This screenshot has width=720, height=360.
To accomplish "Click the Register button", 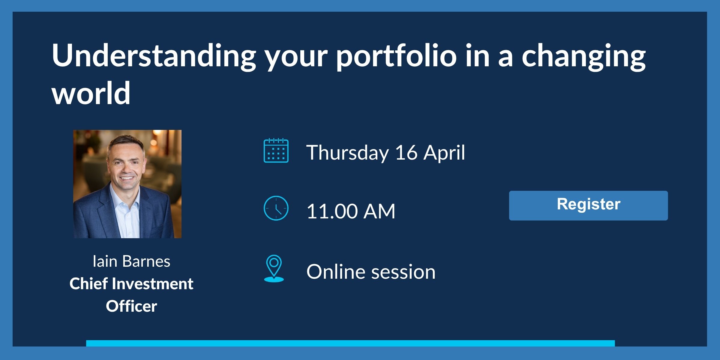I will point(588,205).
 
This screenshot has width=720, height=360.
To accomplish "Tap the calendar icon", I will point(276,151).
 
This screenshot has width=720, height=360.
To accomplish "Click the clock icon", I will point(276,208).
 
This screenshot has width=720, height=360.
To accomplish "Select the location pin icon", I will point(274,268).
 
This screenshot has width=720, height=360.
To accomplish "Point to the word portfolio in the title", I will point(396,56).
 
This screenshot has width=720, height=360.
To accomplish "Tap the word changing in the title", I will point(583,56).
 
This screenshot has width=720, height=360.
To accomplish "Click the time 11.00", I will point(332,211).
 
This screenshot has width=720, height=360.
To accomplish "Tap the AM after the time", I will point(379,211).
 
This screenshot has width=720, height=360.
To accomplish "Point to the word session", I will point(403,272).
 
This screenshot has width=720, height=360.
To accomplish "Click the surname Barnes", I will point(146,261).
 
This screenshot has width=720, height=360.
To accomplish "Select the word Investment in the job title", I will point(152,284).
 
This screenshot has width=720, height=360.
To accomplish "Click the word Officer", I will point(131,306).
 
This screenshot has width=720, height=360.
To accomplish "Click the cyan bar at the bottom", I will point(350,343).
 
